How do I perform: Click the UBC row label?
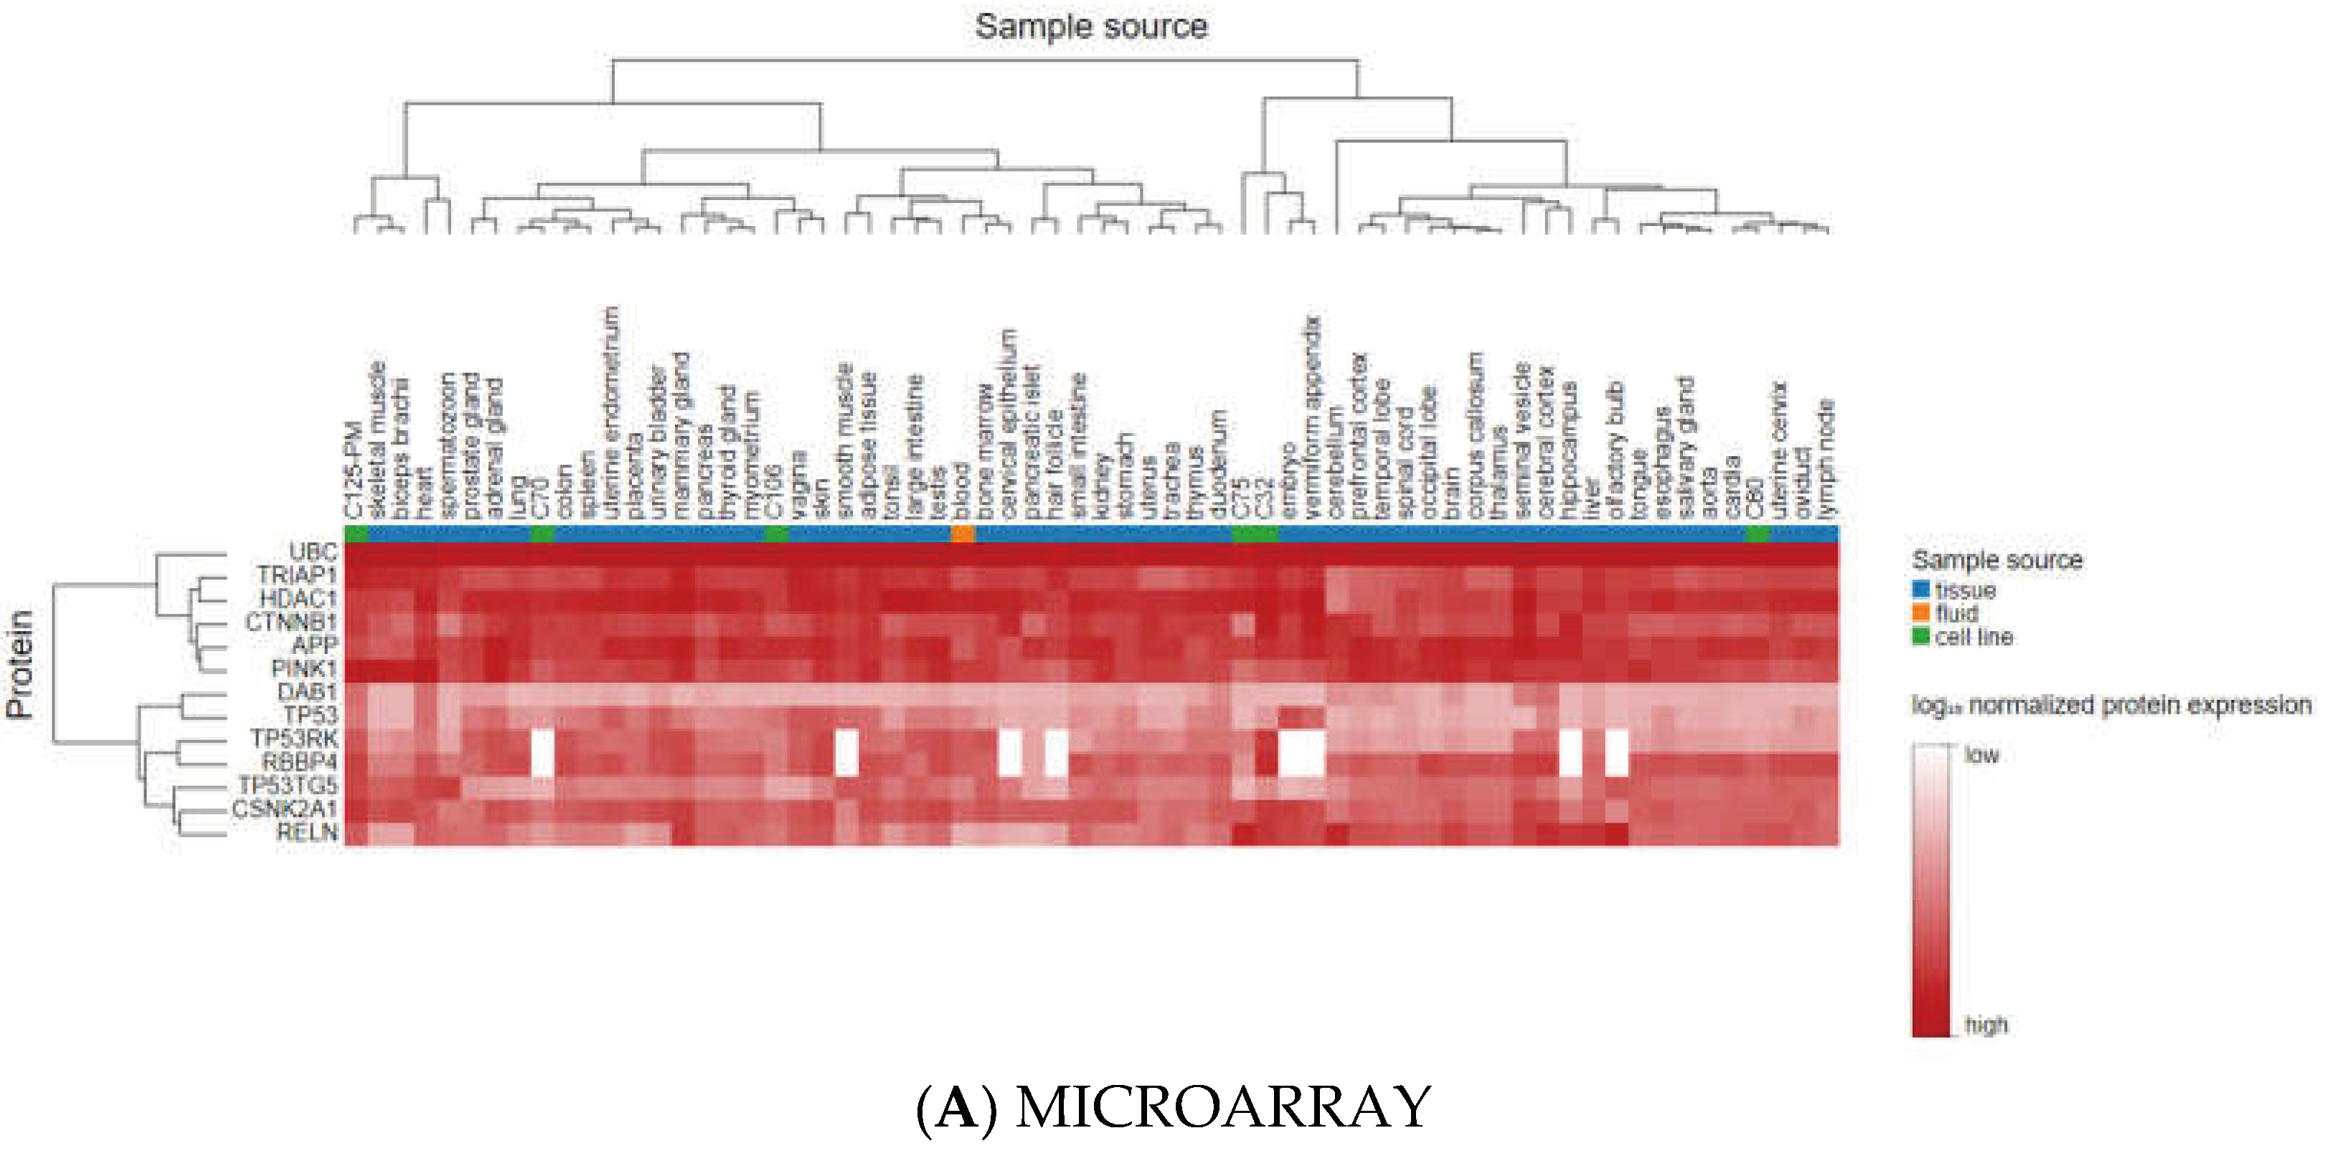tap(313, 552)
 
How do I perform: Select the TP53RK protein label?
tap(293, 737)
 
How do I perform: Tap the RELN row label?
tap(306, 831)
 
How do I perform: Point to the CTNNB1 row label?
tap(290, 622)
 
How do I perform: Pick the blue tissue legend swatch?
tap(1920, 590)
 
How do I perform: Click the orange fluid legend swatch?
tap(1920, 613)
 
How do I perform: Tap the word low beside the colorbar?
tap(1981, 754)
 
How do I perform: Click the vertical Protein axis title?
tap(20, 665)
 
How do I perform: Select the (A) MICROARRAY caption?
tap(1174, 1108)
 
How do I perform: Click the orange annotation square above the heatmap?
tap(962, 534)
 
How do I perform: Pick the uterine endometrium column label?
tap(610, 413)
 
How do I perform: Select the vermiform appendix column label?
tap(1312, 418)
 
